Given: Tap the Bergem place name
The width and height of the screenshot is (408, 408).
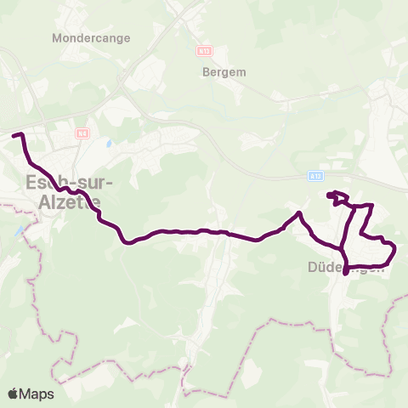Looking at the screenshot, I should (x=224, y=72).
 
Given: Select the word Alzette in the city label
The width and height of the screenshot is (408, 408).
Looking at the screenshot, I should (x=71, y=202).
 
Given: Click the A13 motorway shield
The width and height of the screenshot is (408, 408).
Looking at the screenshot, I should (x=314, y=176).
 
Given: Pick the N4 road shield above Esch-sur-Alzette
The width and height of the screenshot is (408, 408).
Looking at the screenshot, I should (x=82, y=133).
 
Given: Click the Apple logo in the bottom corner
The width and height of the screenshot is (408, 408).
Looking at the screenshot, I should (x=13, y=394).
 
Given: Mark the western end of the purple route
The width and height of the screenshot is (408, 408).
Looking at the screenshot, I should (x=14, y=135).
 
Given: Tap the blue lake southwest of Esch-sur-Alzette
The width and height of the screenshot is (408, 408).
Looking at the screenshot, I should (x=19, y=230).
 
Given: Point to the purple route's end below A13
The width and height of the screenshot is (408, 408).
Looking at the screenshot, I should (x=329, y=194).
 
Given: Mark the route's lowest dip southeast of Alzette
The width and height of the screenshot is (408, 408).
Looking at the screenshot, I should (x=127, y=241).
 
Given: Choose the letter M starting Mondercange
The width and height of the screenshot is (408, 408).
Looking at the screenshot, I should (x=56, y=38).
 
